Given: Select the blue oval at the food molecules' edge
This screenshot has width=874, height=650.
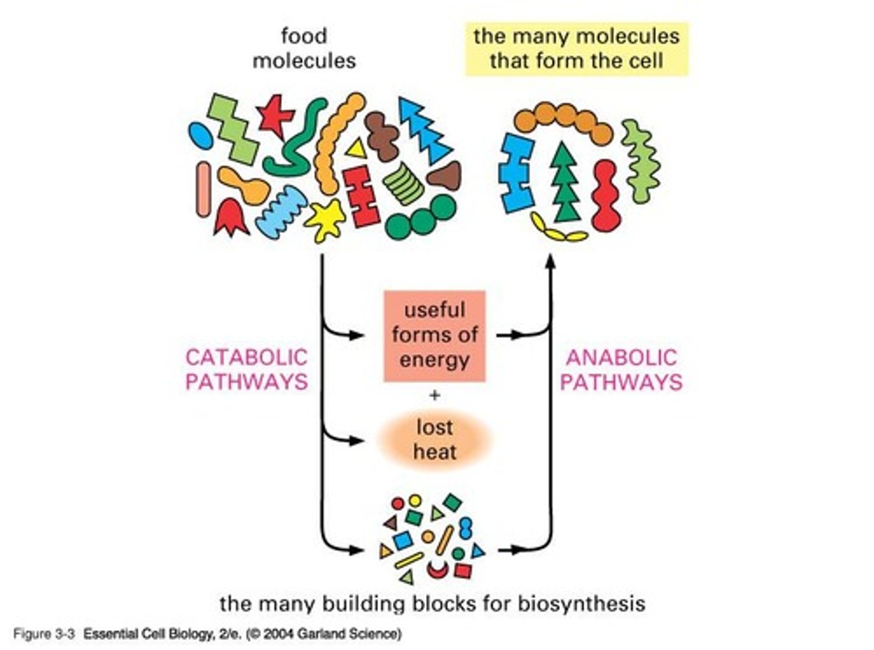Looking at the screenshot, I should pyautogui.click(x=200, y=134).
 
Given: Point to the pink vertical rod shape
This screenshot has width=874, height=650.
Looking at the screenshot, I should pyautogui.click(x=204, y=189).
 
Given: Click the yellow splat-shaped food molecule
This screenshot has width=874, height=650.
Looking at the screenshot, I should pyautogui.click(x=326, y=219).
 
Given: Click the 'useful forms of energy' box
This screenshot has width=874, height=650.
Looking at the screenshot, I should pyautogui.click(x=434, y=336).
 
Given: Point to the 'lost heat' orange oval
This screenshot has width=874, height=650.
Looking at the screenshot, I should pyautogui.click(x=435, y=440).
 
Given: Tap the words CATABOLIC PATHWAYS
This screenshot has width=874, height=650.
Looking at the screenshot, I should pyautogui.click(x=246, y=369).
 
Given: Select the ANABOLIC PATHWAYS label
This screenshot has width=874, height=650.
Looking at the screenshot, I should pyautogui.click(x=620, y=369).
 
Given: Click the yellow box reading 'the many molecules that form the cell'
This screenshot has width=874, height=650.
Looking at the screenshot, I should pyautogui.click(x=576, y=49).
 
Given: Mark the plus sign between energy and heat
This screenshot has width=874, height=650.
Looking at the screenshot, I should pyautogui.click(x=435, y=396).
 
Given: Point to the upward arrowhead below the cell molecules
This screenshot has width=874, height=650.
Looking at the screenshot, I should pyautogui.click(x=550, y=261).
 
